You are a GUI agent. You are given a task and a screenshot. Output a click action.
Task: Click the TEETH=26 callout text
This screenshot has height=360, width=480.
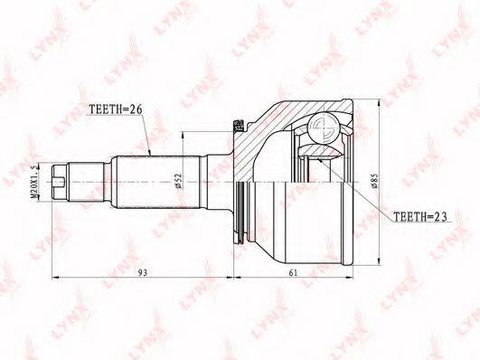click(116, 109)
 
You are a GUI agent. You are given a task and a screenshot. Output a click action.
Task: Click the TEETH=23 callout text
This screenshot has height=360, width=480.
click(419, 216)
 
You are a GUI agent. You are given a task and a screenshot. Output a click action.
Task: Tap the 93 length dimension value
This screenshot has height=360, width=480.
click(142, 272)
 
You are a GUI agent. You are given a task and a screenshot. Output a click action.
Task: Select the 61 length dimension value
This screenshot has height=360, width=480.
click(293, 272)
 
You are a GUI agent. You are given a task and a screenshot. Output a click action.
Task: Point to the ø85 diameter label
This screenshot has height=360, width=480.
click(373, 181)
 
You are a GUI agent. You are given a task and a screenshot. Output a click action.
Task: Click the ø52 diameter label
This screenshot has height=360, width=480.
click(178, 181)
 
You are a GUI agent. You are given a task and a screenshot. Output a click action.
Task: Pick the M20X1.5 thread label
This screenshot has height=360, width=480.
click(35, 182)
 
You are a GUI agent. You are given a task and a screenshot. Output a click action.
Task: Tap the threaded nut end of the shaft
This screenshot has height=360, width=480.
click(60, 183)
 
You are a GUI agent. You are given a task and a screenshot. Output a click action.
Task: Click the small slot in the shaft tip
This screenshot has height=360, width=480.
click(59, 183)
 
